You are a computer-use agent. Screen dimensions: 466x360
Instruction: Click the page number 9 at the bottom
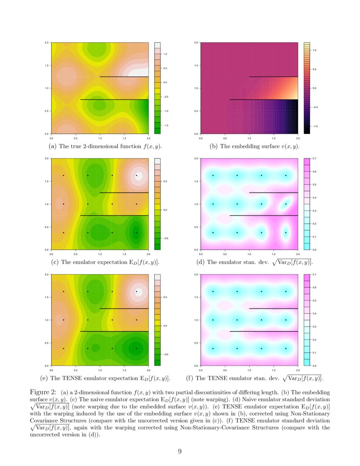tap(180, 451)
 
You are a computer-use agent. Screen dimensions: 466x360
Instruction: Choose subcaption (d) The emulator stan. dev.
tap(255, 262)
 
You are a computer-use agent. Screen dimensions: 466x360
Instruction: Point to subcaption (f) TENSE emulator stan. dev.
tap(255, 378)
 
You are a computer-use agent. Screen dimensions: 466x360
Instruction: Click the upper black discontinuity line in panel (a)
tap(124, 77)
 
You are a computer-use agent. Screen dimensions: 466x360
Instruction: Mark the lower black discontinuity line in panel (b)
tap(263, 100)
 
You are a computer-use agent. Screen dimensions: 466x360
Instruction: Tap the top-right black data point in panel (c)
tap(136, 175)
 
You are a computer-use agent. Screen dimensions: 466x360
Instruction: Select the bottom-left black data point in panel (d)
tap(213, 233)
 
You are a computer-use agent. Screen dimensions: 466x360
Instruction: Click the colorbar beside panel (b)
tap(307, 88)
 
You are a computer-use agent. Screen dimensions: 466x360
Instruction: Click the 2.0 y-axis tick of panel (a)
tap(47, 43)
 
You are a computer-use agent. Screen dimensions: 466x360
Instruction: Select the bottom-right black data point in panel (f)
tap(286, 349)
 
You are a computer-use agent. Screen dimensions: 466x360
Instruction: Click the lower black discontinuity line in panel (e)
tap(114, 331)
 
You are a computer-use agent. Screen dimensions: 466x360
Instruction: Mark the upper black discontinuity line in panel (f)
tap(274, 308)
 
